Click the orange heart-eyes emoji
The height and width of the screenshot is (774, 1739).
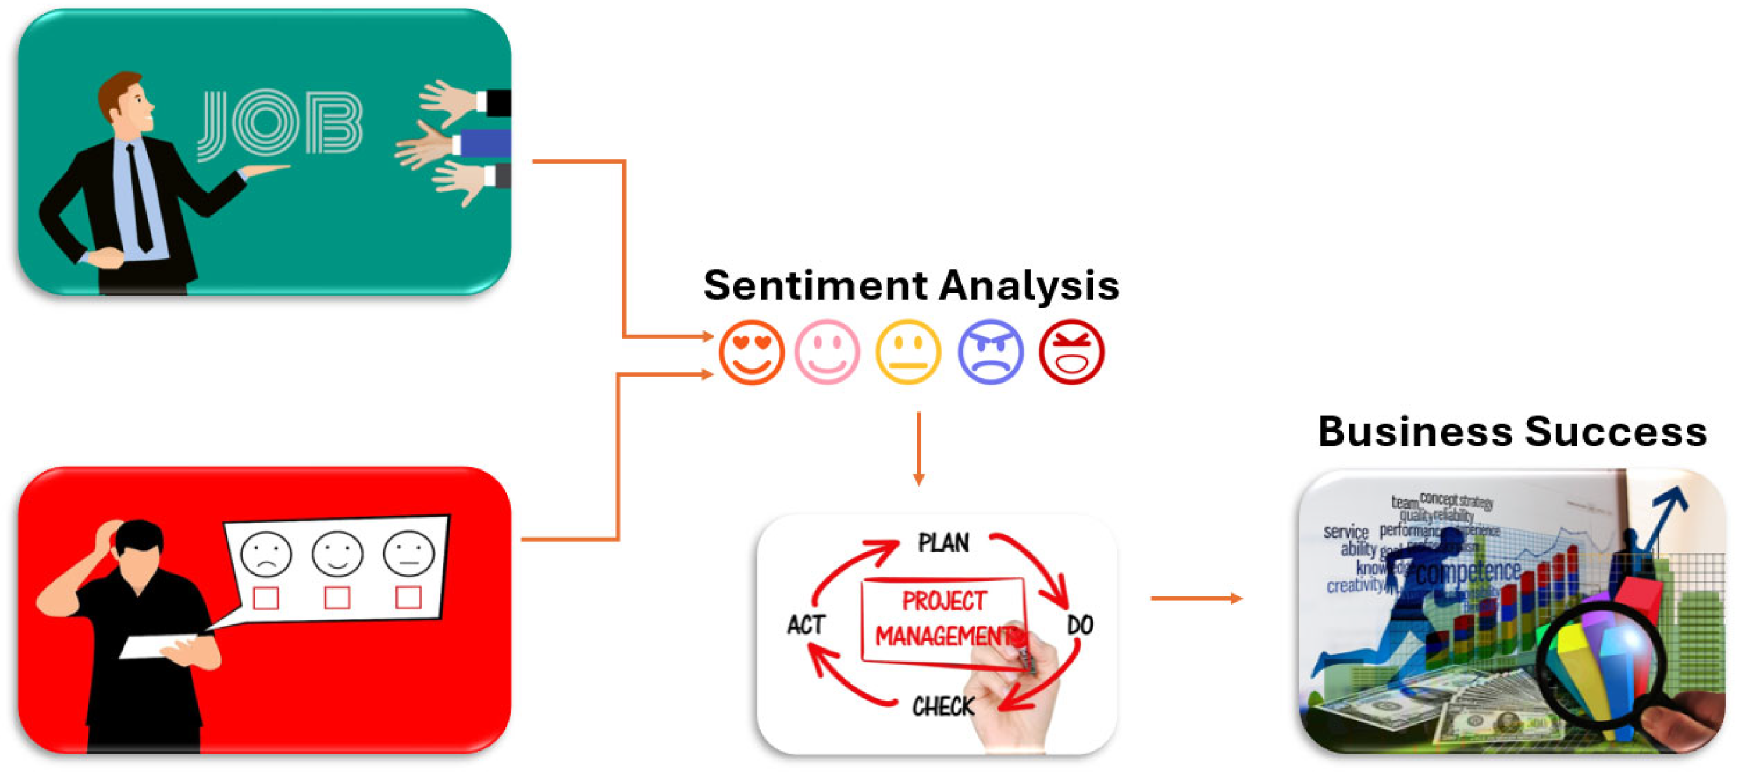point(751,352)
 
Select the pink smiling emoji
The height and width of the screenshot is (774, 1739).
point(827,352)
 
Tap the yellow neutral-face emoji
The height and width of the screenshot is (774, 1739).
point(908,352)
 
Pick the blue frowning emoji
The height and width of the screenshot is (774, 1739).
point(990,352)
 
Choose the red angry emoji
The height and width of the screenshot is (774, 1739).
point(1071,352)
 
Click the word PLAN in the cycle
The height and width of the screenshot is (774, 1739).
point(943,542)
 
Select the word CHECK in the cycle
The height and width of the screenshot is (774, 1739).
point(943,706)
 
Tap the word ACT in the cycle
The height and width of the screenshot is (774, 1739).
point(806,625)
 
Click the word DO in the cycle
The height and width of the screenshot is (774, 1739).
point(1080,625)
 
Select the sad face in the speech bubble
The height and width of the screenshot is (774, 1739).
point(266,554)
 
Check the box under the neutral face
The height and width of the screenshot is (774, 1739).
point(409,597)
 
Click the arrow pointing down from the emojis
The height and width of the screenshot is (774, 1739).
point(918,449)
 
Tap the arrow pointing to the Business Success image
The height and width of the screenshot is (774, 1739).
point(1196,598)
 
